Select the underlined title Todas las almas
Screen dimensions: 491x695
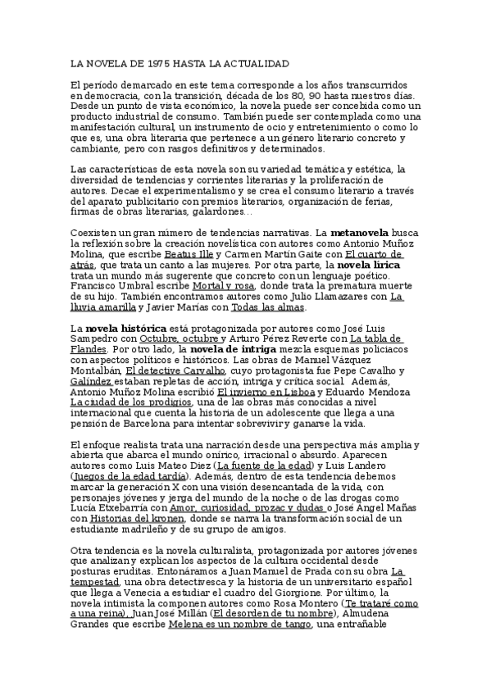[x=268, y=307]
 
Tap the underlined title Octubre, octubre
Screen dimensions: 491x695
[x=180, y=339]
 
